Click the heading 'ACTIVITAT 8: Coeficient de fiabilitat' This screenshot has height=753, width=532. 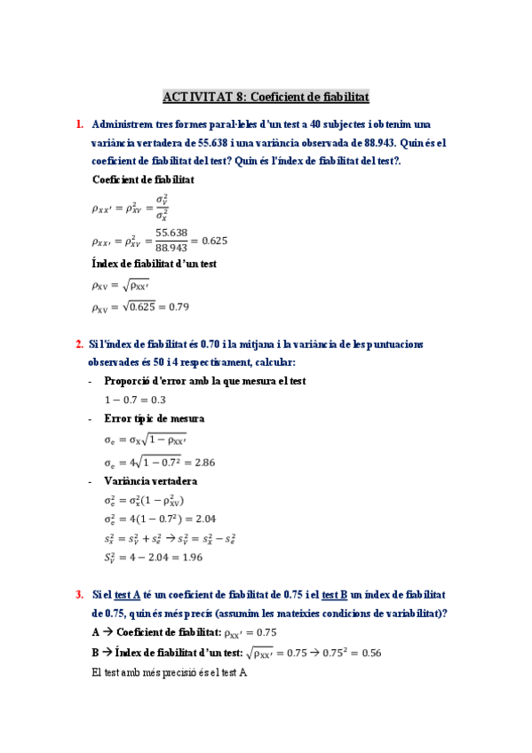(266, 96)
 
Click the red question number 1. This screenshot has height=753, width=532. (79, 124)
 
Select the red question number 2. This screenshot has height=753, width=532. (79, 345)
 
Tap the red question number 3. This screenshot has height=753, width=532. (79, 594)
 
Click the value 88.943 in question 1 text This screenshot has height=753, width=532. (378, 142)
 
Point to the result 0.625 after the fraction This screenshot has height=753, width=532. (210, 240)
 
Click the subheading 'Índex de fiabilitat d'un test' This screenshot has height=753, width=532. (155, 264)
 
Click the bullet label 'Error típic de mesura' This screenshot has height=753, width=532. (155, 418)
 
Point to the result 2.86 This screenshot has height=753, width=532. (203, 463)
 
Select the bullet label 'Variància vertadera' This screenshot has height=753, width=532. (150, 481)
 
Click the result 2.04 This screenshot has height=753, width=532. (204, 519)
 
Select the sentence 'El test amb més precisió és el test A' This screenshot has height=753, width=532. (169, 672)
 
